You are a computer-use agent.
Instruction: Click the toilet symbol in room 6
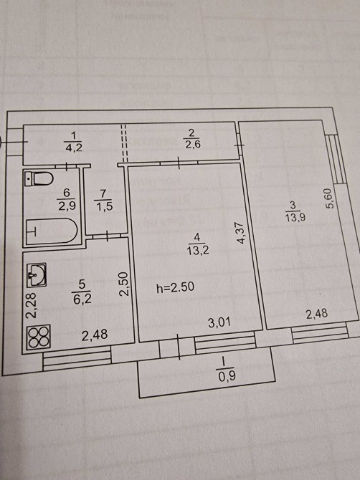pyautogui.click(x=39, y=178)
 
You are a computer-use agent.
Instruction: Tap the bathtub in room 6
pyautogui.click(x=51, y=231)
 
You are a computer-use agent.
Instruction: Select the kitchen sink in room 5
pyautogui.click(x=37, y=274)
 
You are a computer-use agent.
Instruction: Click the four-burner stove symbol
pyautogui.click(x=38, y=337)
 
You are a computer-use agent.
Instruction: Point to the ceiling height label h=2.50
pyautogui.click(x=175, y=287)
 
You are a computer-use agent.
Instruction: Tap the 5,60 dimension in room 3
pyautogui.click(x=330, y=198)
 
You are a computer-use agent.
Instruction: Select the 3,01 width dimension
pyautogui.click(x=219, y=322)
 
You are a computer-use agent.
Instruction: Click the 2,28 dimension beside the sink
pyautogui.click(x=32, y=306)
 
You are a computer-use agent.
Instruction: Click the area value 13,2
pyautogui.click(x=198, y=251)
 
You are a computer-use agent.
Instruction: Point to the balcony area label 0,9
pyautogui.click(x=227, y=375)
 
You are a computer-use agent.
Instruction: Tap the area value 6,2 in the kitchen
pyautogui.click(x=82, y=299)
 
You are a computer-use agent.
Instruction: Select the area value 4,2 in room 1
pyautogui.click(x=74, y=148)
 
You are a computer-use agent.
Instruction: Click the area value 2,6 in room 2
pyautogui.click(x=193, y=143)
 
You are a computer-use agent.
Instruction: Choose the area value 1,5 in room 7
pyautogui.click(x=104, y=206)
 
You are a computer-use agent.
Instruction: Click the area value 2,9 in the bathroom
pyautogui.click(x=67, y=205)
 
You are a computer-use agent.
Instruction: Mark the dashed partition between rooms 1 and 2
pyautogui.click(x=124, y=143)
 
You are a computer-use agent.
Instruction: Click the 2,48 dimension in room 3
pyautogui.click(x=317, y=314)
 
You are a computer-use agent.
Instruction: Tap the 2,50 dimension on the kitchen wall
pyautogui.click(x=124, y=284)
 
